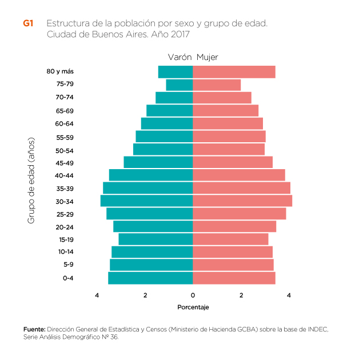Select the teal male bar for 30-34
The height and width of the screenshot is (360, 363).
pyautogui.click(x=147, y=201)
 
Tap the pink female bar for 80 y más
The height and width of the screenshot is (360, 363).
pyautogui.click(x=234, y=72)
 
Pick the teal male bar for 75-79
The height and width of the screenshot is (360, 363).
pyautogui.click(x=179, y=85)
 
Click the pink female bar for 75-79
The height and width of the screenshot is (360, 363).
pyautogui.click(x=217, y=85)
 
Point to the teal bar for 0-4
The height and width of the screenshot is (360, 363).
pyautogui.click(x=150, y=278)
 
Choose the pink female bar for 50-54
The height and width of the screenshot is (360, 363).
pyautogui.click(x=229, y=149)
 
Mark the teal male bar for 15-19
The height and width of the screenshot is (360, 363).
pyautogui.click(x=155, y=239)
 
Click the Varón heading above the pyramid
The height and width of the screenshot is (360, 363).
pyautogui.click(x=179, y=57)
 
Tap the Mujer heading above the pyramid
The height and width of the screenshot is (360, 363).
pyautogui.click(x=207, y=57)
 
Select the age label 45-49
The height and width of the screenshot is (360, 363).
pyautogui.click(x=65, y=163)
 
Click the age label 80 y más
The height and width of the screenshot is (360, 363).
pyautogui.click(x=60, y=71)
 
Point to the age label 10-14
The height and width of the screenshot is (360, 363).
pyautogui.click(x=65, y=252)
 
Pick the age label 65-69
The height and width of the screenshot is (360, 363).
pyautogui.click(x=65, y=111)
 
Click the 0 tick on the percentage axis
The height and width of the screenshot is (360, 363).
pyautogui.click(x=193, y=295)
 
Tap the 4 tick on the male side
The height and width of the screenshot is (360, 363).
pyautogui.click(x=97, y=295)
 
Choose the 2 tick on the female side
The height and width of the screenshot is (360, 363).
pyautogui.click(x=241, y=295)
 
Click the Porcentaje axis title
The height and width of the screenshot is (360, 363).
pyautogui.click(x=193, y=307)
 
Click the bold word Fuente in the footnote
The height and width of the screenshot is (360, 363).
pyautogui.click(x=34, y=330)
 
